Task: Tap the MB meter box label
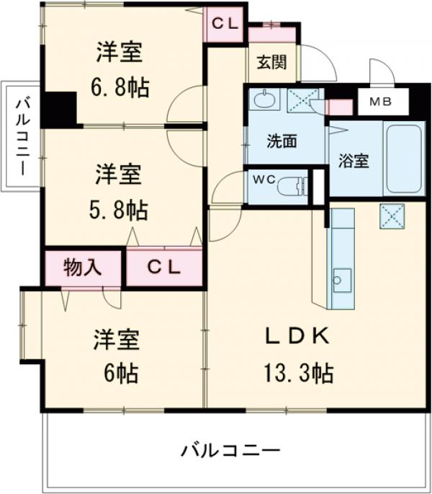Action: (381, 102)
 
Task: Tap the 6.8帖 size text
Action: (121, 88)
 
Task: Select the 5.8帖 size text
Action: (120, 210)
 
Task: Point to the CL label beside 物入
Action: (165, 268)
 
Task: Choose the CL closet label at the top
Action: (224, 22)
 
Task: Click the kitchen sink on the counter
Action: (341, 278)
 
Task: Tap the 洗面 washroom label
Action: (282, 141)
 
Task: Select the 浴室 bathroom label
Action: (354, 160)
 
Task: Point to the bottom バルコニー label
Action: (230, 451)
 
